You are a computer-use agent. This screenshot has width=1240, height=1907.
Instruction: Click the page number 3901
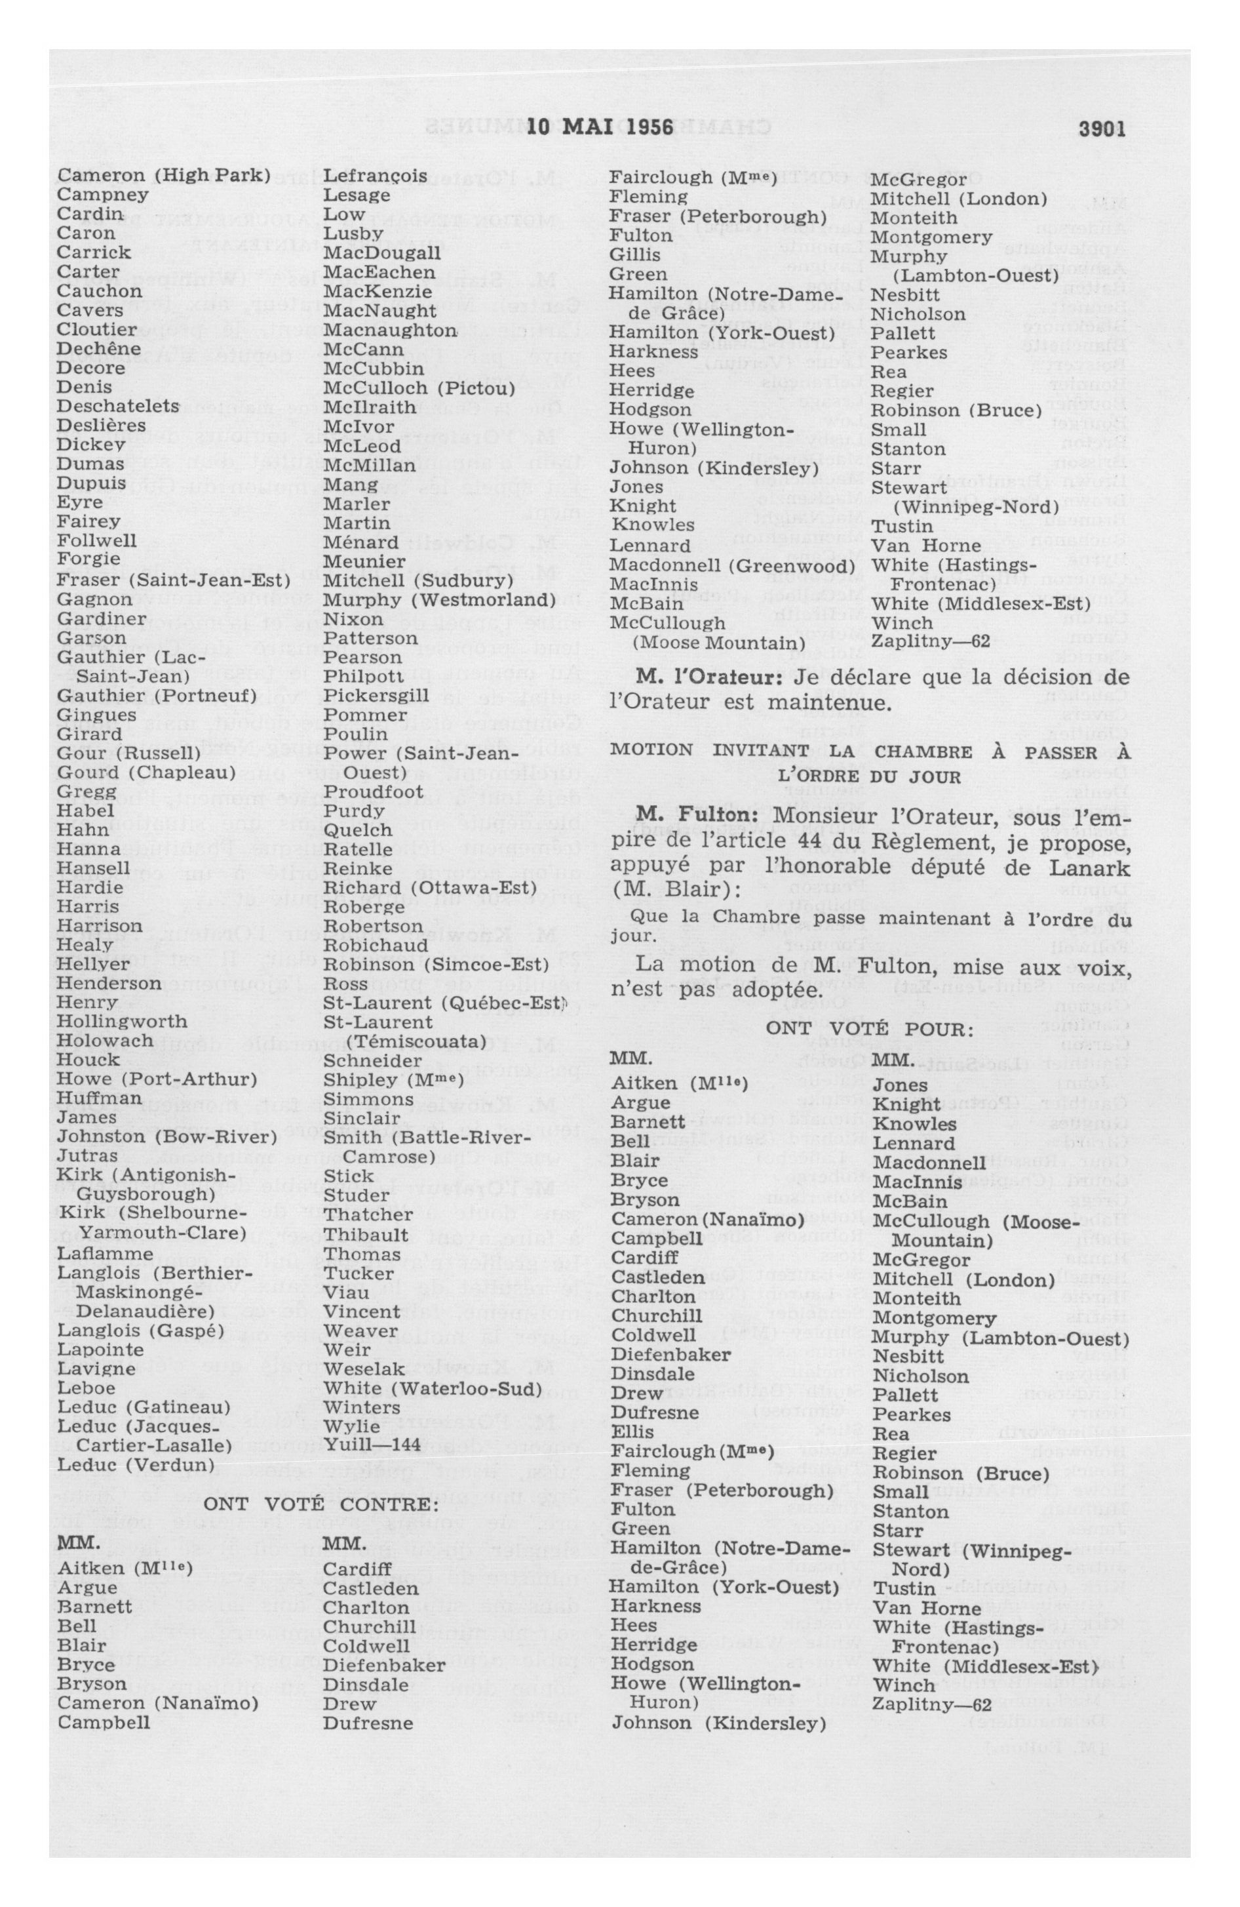tap(1102, 129)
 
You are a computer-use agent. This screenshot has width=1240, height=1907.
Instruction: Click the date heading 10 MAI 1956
tap(599, 127)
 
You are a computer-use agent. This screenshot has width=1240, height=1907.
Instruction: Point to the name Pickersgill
tap(376, 696)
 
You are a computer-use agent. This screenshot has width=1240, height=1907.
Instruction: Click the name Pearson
tap(362, 657)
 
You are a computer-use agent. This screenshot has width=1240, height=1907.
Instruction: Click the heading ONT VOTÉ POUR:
tap(870, 1029)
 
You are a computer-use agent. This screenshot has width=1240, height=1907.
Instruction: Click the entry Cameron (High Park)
tap(163, 176)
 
